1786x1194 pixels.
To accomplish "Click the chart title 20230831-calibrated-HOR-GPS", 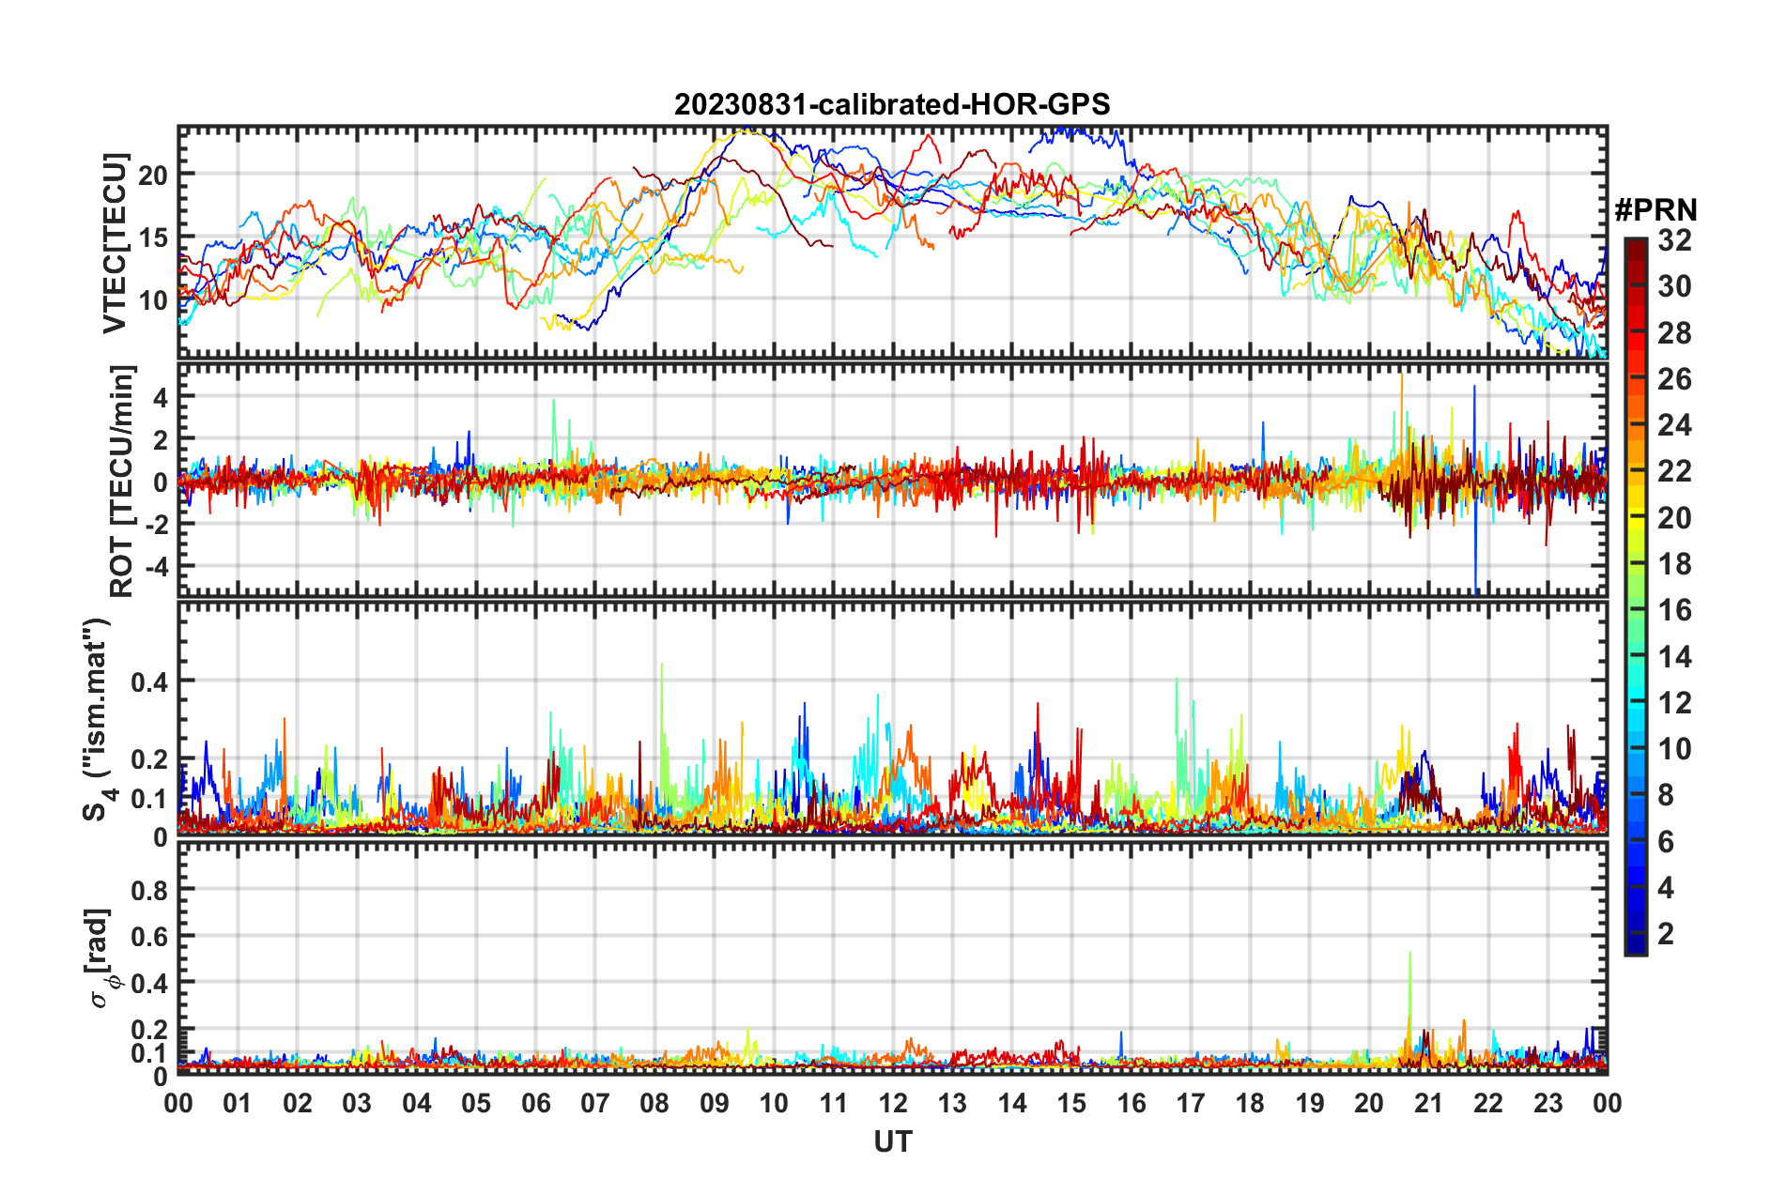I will point(892,104).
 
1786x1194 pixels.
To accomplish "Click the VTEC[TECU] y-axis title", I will point(115,243).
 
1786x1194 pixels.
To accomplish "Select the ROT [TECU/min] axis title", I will point(122,482).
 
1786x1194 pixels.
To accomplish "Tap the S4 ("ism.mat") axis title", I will point(97,719).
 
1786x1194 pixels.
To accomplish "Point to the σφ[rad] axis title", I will point(101,957).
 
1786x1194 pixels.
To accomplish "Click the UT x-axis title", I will point(892,1141).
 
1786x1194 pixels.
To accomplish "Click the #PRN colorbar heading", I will point(1655,210).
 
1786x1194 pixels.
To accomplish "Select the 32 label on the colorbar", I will point(1674,240).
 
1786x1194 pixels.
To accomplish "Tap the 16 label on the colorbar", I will point(1674,610).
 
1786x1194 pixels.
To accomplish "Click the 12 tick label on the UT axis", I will point(893,1103).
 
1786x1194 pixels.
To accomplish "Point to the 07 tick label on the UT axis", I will point(595,1103).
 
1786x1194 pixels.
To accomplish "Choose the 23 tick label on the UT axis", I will point(1547,1103).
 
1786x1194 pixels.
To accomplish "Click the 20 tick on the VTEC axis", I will point(153,175).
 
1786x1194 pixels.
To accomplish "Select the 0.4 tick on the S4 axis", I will point(149,681).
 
